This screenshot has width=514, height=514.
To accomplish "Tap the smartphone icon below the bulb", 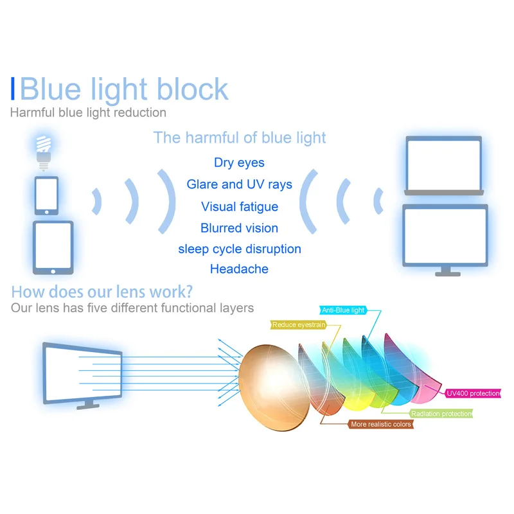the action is tap(46, 195).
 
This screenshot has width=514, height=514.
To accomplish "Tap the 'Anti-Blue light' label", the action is tap(343, 310).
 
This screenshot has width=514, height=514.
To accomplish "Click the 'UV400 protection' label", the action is tap(474, 393).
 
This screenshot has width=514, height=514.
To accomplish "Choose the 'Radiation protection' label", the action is tap(441, 414).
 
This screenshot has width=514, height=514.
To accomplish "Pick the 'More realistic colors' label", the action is tap(382, 424).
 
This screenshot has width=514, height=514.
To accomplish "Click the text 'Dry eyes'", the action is tap(239, 163).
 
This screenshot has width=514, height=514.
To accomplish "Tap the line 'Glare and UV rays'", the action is tap(239, 184).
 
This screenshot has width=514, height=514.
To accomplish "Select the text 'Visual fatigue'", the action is tap(239, 206).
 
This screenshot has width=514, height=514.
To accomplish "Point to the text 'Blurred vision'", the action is tap(239, 228).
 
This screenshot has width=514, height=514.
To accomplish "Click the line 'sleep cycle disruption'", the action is tap(239, 249).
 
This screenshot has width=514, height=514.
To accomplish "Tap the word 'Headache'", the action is tap(239, 269).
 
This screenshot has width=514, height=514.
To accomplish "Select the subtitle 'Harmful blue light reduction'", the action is tap(88, 112).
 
